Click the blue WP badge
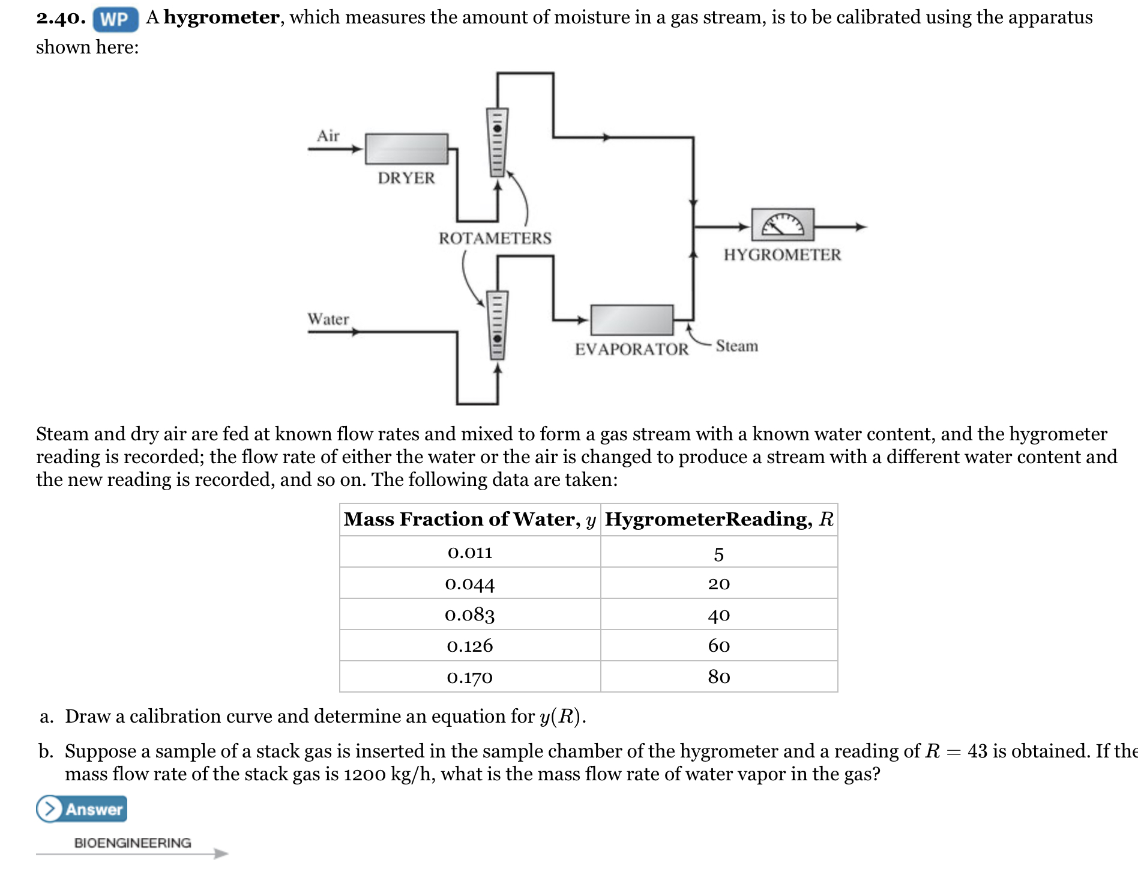pyautogui.click(x=115, y=19)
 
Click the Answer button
pyautogui.click(x=82, y=809)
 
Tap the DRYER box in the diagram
pyautogui.click(x=406, y=148)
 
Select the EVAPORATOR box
pyautogui.click(x=631, y=320)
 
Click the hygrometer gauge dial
pyautogui.click(x=783, y=225)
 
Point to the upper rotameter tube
pyautogui.click(x=496, y=142)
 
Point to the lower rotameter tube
pyautogui.click(x=496, y=325)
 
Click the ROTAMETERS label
pyautogui.click(x=495, y=238)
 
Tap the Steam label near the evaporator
pyautogui.click(x=736, y=346)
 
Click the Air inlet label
pyautogui.click(x=328, y=136)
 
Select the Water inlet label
pyautogui.click(x=328, y=319)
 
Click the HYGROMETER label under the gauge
pyautogui.click(x=782, y=255)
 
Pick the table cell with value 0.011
pyautogui.click(x=470, y=552)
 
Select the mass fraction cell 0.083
pyautogui.click(x=470, y=615)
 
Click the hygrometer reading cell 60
pyautogui.click(x=718, y=646)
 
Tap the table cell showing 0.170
pyautogui.click(x=470, y=677)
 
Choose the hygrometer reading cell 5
pyautogui.click(x=718, y=553)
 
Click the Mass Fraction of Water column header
pyautogui.click(x=470, y=519)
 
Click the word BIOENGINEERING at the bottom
pyautogui.click(x=133, y=843)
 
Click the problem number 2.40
pyautogui.click(x=61, y=18)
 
